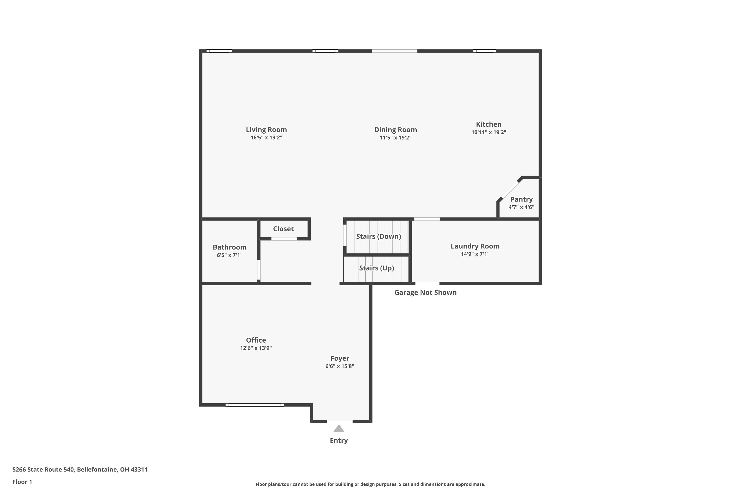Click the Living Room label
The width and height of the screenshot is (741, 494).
click(x=266, y=129)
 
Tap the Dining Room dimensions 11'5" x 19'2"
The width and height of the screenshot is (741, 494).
click(x=395, y=138)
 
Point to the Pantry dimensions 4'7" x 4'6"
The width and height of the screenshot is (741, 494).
click(x=521, y=207)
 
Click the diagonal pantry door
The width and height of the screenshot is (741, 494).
click(x=510, y=189)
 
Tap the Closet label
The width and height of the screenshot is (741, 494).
click(x=283, y=229)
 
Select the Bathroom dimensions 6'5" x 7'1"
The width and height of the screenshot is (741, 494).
click(x=229, y=255)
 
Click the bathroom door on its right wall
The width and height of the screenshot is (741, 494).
click(x=259, y=270)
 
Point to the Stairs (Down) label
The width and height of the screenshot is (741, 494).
click(x=378, y=236)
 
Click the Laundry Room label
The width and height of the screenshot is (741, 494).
click(x=475, y=246)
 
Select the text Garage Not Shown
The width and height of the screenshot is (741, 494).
click(x=425, y=292)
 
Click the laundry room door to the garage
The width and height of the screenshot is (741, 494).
click(x=427, y=284)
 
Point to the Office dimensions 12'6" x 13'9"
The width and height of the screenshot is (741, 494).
click(x=256, y=348)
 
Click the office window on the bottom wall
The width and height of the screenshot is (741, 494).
click(x=255, y=405)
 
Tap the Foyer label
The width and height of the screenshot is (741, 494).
click(x=340, y=358)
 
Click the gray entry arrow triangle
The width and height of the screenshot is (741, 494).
click(x=339, y=429)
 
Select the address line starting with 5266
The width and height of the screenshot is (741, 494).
click(x=80, y=470)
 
